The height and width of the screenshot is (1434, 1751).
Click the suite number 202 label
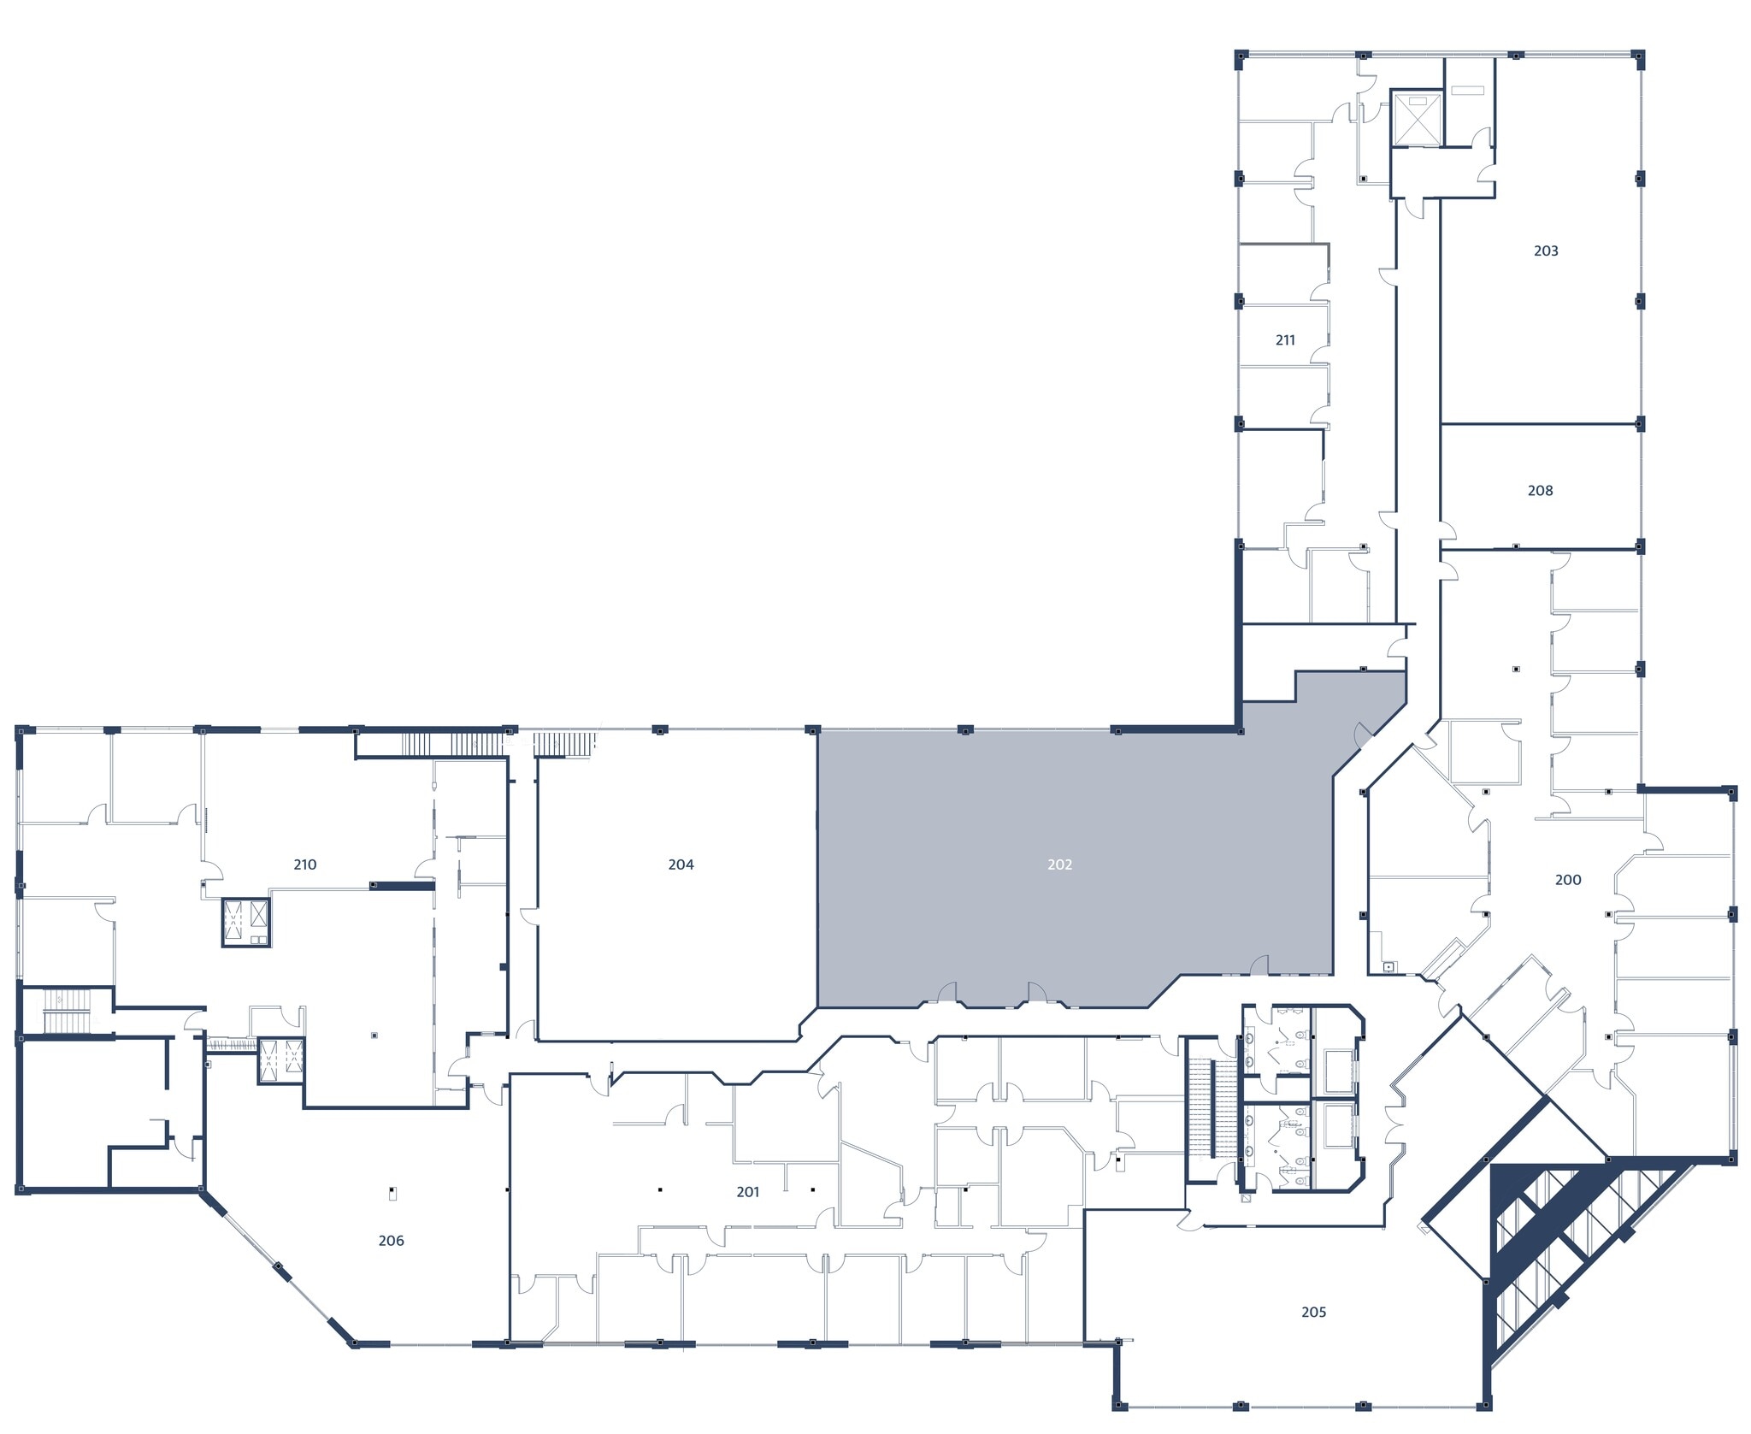coord(1059,865)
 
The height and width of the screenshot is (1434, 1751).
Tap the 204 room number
coord(681,865)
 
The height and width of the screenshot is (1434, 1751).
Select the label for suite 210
coord(304,865)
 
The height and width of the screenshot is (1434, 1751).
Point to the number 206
coord(391,1241)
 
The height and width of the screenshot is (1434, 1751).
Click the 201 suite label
coord(747,1192)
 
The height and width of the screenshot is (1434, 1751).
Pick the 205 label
coord(1313,1312)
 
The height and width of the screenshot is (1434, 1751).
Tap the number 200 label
coord(1567,879)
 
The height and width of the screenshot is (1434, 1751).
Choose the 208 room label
coord(1540,491)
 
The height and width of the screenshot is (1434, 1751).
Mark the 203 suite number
coord(1545,251)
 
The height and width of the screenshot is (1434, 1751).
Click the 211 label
coord(1284,340)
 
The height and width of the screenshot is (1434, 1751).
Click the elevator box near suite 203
coord(1417,118)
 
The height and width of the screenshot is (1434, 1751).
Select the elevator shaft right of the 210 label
coord(246,922)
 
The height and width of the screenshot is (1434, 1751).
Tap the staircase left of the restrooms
coord(1212,1107)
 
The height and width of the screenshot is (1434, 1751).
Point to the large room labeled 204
coord(675,941)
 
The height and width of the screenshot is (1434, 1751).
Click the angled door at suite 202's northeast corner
coord(1363,735)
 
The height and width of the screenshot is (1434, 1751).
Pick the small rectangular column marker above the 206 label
coord(392,1193)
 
